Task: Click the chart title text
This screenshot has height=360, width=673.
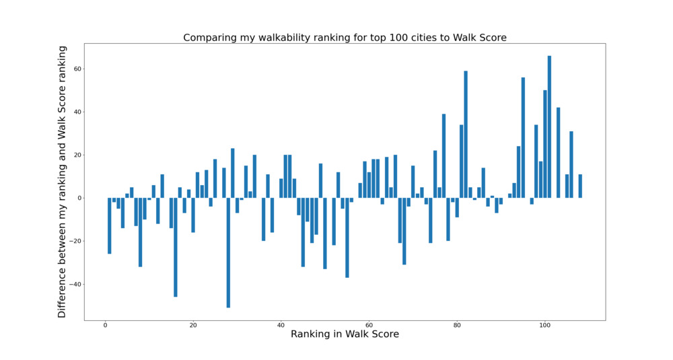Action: [x=345, y=38]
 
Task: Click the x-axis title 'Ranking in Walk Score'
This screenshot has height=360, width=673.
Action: [x=345, y=334]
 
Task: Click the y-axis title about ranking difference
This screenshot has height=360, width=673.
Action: [x=62, y=182]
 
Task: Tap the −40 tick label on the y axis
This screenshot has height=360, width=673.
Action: [x=74, y=284]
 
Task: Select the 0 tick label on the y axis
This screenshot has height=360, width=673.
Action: [x=78, y=198]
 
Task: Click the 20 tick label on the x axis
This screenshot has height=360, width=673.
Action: [x=193, y=326]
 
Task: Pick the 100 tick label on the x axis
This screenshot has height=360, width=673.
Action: [x=545, y=326]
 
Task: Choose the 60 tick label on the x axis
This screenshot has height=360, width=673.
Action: [x=369, y=326]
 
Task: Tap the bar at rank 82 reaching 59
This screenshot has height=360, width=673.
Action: [x=466, y=135]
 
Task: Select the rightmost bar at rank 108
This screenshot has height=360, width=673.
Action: [x=580, y=186]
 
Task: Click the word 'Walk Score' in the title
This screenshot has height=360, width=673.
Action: [x=481, y=38]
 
